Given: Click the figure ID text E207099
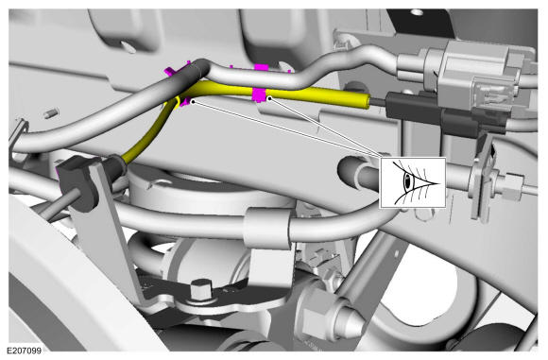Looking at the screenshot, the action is [25, 351].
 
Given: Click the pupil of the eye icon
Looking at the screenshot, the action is [407, 180].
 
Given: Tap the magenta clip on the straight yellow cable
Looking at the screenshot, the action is [259, 95].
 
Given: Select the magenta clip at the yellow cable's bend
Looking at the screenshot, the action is [183, 102].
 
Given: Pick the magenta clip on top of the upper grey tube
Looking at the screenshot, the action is [261, 67].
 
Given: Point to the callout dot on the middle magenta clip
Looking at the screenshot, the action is [269, 99].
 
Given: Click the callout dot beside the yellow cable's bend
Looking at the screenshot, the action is [193, 101].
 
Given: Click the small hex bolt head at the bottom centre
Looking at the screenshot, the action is [200, 289].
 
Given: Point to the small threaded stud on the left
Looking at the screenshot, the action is [51, 113].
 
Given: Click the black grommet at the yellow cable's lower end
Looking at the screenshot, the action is [116, 164].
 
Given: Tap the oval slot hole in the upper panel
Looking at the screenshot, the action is [128, 46].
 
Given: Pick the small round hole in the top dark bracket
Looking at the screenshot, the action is [417, 12].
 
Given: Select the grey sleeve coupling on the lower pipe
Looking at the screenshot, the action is [267, 227].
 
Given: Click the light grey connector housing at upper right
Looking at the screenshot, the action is [481, 70].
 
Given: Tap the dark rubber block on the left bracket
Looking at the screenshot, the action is [78, 181].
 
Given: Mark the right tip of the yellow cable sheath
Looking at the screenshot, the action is [368, 102].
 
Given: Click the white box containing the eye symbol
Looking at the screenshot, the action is [413, 182].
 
